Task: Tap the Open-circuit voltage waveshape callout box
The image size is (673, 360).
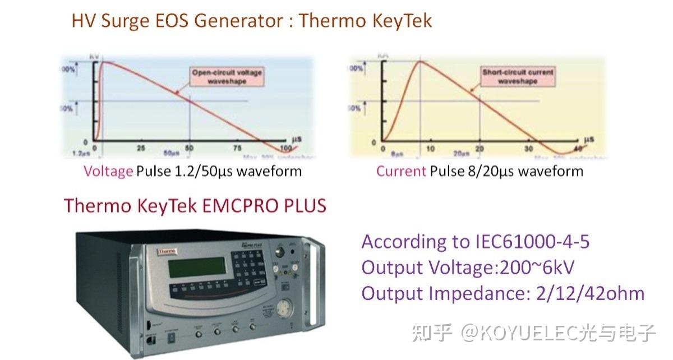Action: pyautogui.click(x=227, y=77)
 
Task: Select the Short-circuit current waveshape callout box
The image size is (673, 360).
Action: pyautogui.click(x=518, y=77)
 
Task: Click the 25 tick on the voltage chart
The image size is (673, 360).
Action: pyautogui.click(x=141, y=149)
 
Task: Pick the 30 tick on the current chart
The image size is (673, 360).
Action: pyautogui.click(x=528, y=149)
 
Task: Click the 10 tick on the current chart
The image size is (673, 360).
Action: pyautogui.click(x=431, y=149)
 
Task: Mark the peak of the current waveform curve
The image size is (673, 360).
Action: pyautogui.click(x=420, y=61)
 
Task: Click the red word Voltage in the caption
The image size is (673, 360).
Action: pyautogui.click(x=108, y=170)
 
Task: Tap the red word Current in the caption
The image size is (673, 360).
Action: pyautogui.click(x=401, y=170)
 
